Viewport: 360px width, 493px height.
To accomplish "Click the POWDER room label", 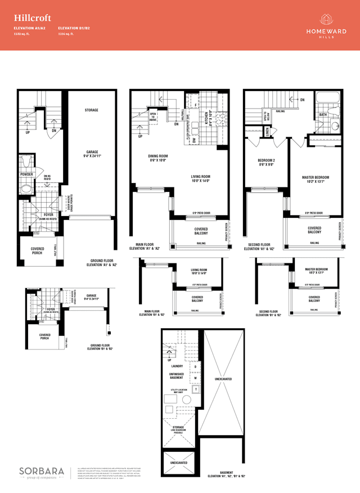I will click(26, 174).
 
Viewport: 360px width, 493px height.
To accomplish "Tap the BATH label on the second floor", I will click(323, 114).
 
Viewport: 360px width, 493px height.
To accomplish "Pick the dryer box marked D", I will click(195, 367).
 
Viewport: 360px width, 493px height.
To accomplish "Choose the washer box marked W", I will click(195, 378).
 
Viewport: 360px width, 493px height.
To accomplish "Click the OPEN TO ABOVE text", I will click(152, 116).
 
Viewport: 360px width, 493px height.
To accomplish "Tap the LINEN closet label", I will click(267, 131).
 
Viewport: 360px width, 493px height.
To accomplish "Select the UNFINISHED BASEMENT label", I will click(176, 376).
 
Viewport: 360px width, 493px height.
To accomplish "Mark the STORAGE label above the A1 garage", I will click(91, 110).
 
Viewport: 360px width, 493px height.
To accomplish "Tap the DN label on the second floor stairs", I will click(302, 100).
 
